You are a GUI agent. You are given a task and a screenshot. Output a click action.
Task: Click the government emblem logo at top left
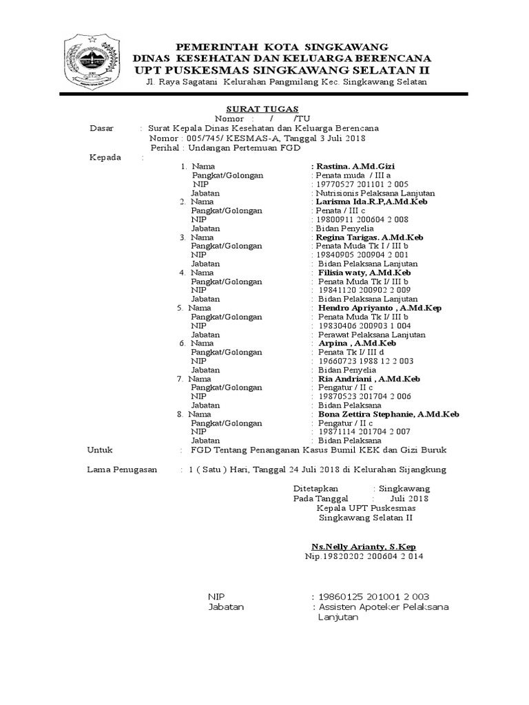pyautogui.click(x=93, y=60)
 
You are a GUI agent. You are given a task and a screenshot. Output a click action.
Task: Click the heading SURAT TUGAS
pyautogui.click(x=262, y=109)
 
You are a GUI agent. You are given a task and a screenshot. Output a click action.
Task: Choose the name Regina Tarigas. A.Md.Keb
pyautogui.click(x=369, y=237)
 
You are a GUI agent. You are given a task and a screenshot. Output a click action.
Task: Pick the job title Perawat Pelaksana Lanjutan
pyautogui.click(x=372, y=335)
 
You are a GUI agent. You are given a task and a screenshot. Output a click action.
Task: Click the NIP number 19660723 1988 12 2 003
pyautogui.click(x=366, y=361)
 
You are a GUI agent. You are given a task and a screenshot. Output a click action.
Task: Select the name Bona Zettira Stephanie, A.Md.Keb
pyautogui.click(x=388, y=414)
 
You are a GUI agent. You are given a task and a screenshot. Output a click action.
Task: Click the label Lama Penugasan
pyautogui.click(x=121, y=470)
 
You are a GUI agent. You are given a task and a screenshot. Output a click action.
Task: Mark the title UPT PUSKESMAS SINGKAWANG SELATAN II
pyautogui.click(x=282, y=70)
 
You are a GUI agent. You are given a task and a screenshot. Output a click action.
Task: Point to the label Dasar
pyautogui.click(x=104, y=129)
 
